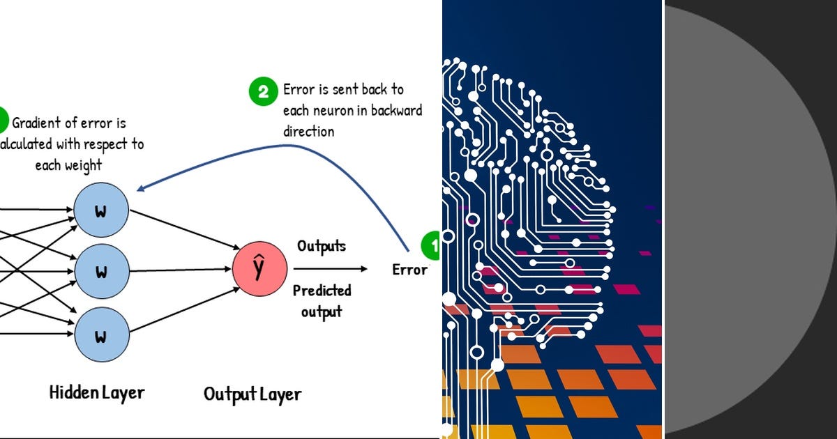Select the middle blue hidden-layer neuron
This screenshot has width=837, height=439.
click(x=101, y=272)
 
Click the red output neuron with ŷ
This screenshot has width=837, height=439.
click(x=259, y=269)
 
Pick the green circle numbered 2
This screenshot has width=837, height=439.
click(x=263, y=92)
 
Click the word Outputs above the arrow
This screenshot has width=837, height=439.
click(x=322, y=246)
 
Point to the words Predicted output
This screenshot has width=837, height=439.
click(x=322, y=301)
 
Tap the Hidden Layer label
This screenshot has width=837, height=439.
click(x=96, y=392)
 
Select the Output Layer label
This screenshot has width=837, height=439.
click(x=252, y=394)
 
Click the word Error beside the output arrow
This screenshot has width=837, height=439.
click(x=409, y=270)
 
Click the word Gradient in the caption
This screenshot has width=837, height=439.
click(x=40, y=123)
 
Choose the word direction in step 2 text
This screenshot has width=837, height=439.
click(x=309, y=131)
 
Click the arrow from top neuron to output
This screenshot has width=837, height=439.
click(x=183, y=229)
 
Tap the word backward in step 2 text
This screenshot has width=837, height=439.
click(x=396, y=111)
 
